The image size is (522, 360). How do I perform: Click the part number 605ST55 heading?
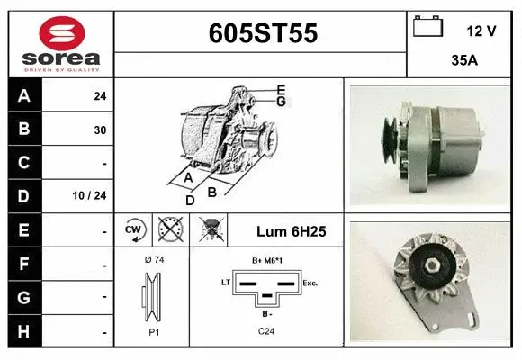tap(262, 33)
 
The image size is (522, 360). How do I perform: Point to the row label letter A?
tap(24, 95)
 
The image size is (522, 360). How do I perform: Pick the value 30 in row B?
tap(100, 130)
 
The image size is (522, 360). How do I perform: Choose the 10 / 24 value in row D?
tap(94, 194)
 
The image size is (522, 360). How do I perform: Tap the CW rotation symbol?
tap(134, 230)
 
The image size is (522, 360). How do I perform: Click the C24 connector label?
tap(266, 332)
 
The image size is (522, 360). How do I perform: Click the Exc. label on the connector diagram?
tap(310, 283)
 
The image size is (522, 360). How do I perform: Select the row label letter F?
tap(24, 264)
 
